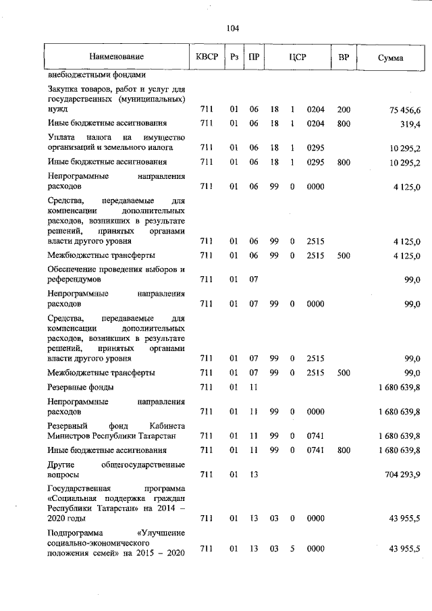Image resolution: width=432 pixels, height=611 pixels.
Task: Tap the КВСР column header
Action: click(207, 57)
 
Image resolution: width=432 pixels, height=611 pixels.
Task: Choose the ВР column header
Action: click(344, 57)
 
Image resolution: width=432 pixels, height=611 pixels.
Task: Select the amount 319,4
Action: click(411, 124)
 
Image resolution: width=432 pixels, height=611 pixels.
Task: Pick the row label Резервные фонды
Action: click(80, 387)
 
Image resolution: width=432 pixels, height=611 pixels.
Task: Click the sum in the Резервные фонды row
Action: click(396, 388)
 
